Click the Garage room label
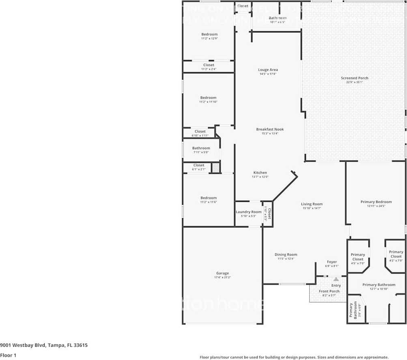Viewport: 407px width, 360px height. pos(222,273)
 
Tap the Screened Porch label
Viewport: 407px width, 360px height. pos(354,78)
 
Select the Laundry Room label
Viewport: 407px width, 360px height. pos(248,212)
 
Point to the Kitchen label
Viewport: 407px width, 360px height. pos(260,172)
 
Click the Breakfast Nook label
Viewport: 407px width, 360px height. pos(270,129)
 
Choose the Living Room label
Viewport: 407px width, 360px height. pos(312,204)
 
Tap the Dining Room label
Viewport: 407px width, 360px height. pos(286,255)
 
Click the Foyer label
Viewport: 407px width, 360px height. pos(332,262)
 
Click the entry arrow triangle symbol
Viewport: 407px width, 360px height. pos(336,279)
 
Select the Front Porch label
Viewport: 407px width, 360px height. pos(329,291)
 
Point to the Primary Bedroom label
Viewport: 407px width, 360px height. pos(376,201)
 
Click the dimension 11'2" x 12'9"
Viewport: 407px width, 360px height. pos(209,39)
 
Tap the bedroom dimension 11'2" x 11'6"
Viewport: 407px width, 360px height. pos(208,202)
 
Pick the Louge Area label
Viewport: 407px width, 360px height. pos(268,70)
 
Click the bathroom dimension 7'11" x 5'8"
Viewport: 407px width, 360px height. pos(201,152)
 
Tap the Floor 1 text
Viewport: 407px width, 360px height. pos(8,355)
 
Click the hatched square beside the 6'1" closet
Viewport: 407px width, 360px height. pos(216,167)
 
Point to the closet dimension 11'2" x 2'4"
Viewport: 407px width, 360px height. pos(209,69)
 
